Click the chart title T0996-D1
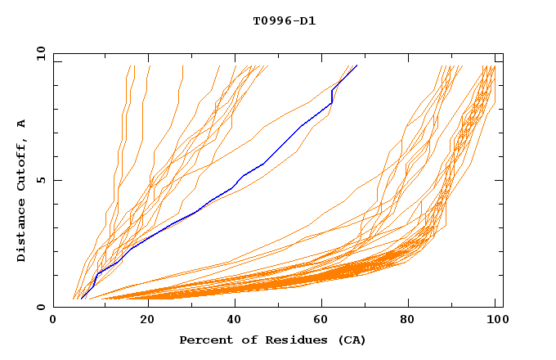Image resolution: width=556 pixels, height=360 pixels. pyautogui.click(x=284, y=21)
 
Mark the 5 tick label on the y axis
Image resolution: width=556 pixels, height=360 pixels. pyautogui.click(x=40, y=180)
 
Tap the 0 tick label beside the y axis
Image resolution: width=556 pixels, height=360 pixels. pyautogui.click(x=40, y=307)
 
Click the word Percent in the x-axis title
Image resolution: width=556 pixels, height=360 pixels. pyautogui.click(x=203, y=340)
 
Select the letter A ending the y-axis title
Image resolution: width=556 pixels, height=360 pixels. pyautogui.click(x=21, y=123)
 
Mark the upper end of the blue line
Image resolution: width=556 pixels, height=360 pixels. pyautogui.click(x=356, y=65)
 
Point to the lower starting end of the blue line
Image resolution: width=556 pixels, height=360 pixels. pyautogui.click(x=82, y=299)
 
